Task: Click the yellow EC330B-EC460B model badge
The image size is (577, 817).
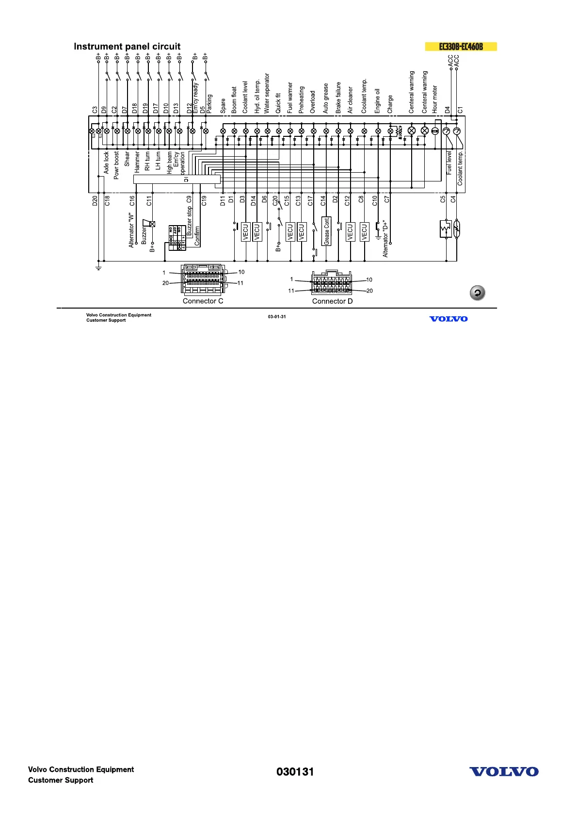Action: click(x=461, y=47)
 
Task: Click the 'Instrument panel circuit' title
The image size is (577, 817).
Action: click(x=127, y=47)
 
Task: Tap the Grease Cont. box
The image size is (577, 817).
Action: click(x=326, y=231)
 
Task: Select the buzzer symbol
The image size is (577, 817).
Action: click(x=147, y=223)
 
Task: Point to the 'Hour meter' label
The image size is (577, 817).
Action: click(x=435, y=99)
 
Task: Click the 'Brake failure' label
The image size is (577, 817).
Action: click(x=338, y=98)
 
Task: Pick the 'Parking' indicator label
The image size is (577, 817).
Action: click(x=209, y=104)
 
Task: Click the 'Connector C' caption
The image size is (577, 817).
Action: click(x=203, y=301)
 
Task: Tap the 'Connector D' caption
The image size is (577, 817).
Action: click(x=332, y=301)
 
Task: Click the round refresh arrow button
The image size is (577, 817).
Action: click(x=477, y=293)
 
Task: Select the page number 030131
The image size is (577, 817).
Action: click(x=295, y=772)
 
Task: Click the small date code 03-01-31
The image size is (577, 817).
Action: click(x=277, y=317)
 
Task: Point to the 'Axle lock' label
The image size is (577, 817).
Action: click(x=106, y=163)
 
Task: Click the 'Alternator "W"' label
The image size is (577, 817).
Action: click(x=131, y=230)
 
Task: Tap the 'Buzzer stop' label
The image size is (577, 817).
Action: click(x=190, y=221)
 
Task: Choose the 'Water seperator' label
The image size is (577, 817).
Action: click(x=267, y=93)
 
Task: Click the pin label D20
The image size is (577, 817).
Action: click(x=95, y=200)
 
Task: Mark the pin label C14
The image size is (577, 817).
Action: click(x=323, y=200)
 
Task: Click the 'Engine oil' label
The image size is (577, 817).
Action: click(x=377, y=101)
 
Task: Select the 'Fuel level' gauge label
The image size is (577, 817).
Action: click(x=449, y=163)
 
